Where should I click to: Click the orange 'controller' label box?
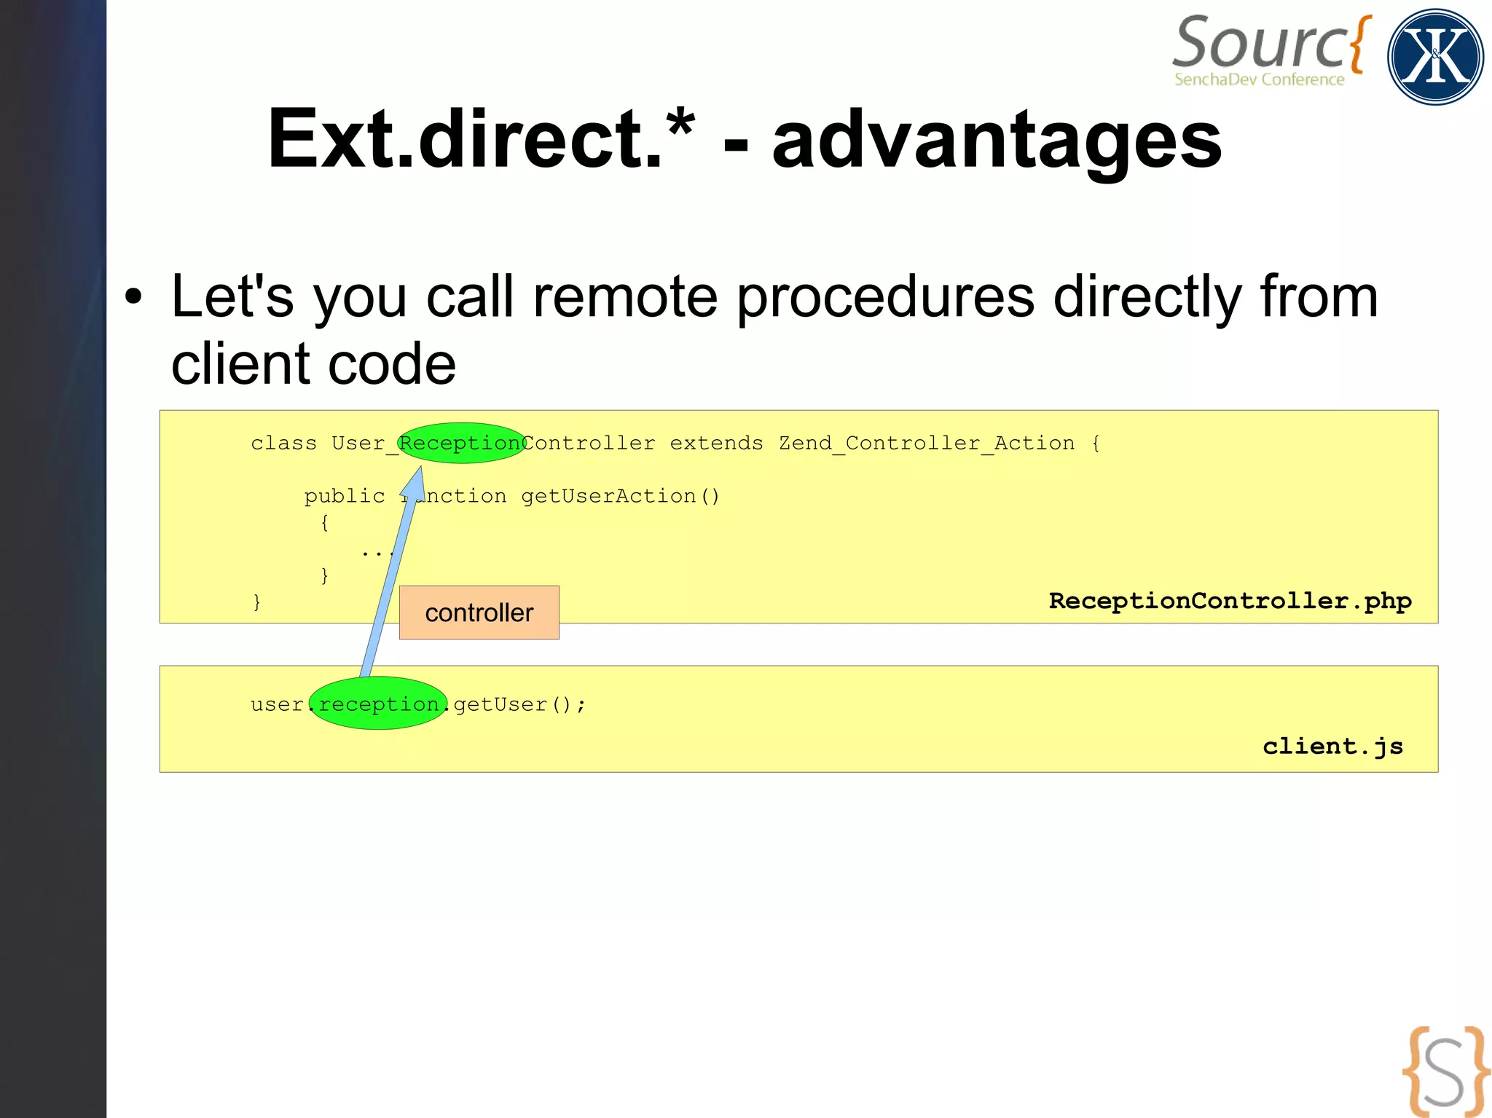tap(479, 613)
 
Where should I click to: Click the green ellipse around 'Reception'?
tap(460, 443)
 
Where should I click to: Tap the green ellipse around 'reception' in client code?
tap(378, 704)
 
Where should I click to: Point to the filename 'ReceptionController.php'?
tap(1230, 601)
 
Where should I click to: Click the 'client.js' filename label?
tap(1332, 746)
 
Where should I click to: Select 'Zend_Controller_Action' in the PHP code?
tap(927, 443)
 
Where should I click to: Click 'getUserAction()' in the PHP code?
tap(621, 496)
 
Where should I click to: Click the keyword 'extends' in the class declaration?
tap(716, 443)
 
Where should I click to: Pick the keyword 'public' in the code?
tap(344, 496)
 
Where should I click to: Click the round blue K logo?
tap(1435, 57)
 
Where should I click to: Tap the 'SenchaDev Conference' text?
tap(1259, 79)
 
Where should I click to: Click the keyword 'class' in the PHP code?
tap(283, 443)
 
